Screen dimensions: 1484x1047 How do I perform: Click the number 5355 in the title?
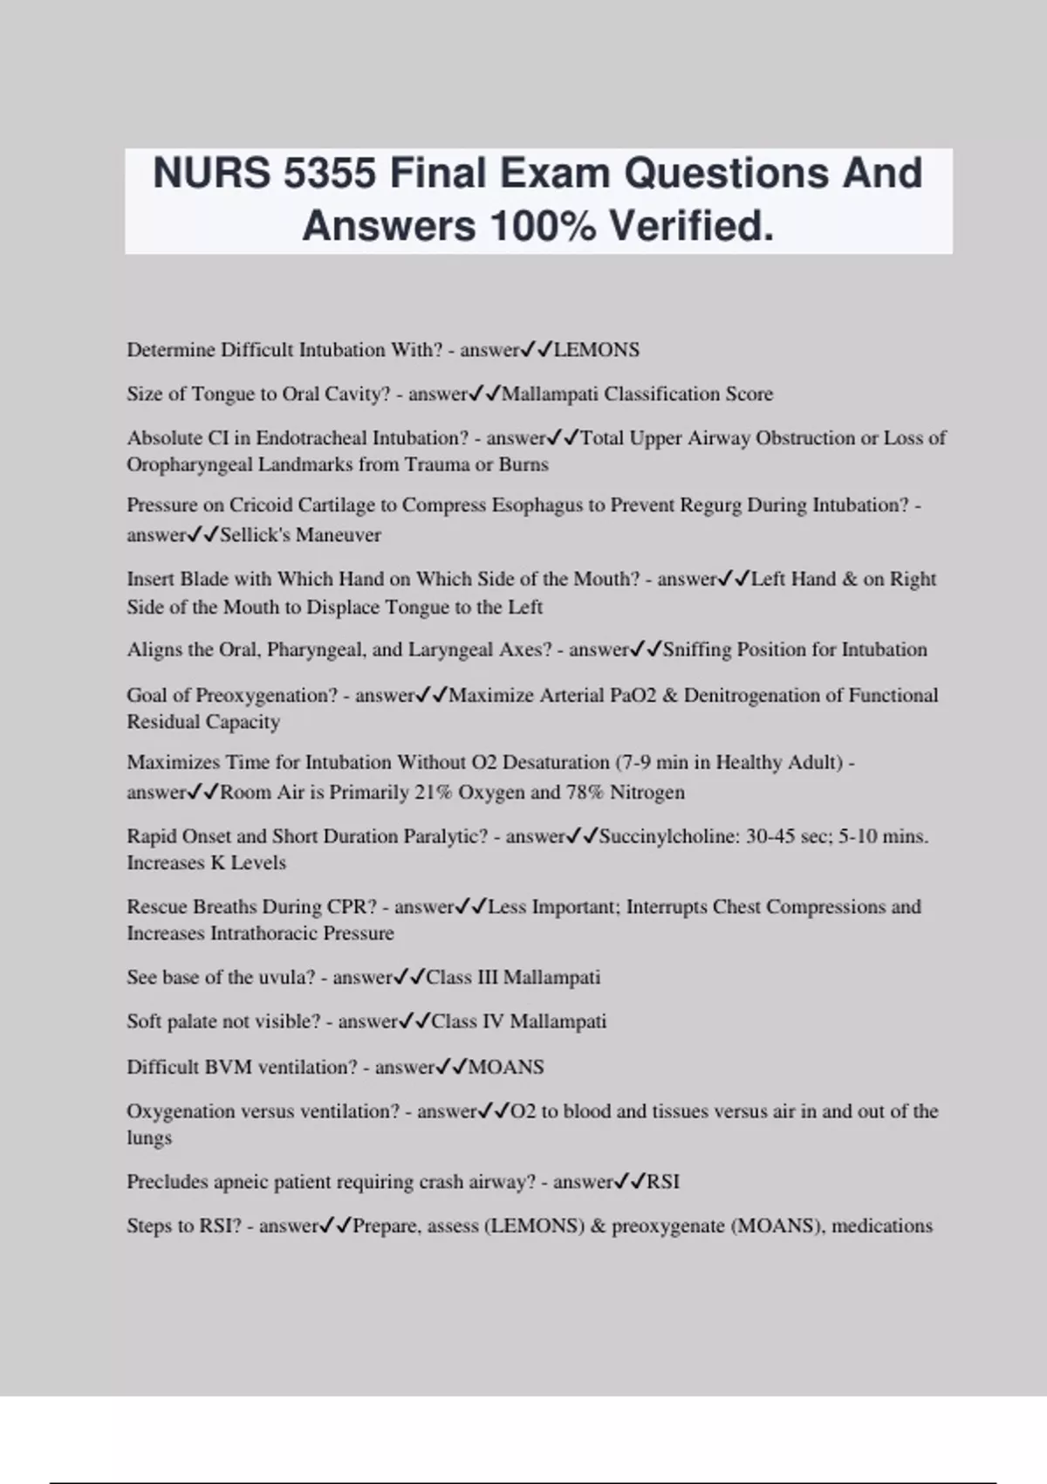(331, 173)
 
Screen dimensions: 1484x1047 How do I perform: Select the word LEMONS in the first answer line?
(597, 350)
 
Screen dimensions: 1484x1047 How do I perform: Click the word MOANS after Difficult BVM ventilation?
(506, 1067)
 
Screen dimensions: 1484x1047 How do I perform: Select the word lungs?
(149, 1138)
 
